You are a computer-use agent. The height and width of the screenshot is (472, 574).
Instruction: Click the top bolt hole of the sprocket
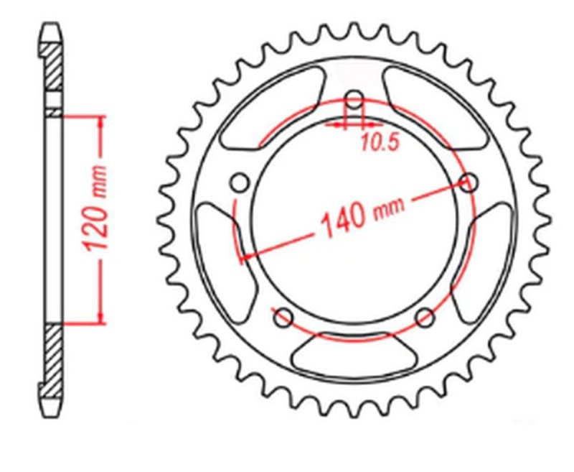[353, 100]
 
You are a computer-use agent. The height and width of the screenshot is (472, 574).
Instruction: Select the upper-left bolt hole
[239, 183]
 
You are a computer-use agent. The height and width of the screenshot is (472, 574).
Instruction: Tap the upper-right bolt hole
[468, 182]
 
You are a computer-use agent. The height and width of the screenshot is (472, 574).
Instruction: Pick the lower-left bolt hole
[283, 317]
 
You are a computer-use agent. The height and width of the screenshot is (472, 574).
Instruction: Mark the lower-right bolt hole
[425, 317]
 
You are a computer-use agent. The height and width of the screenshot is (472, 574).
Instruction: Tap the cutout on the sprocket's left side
[215, 248]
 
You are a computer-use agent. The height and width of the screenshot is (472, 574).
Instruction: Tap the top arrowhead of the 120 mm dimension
[100, 122]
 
